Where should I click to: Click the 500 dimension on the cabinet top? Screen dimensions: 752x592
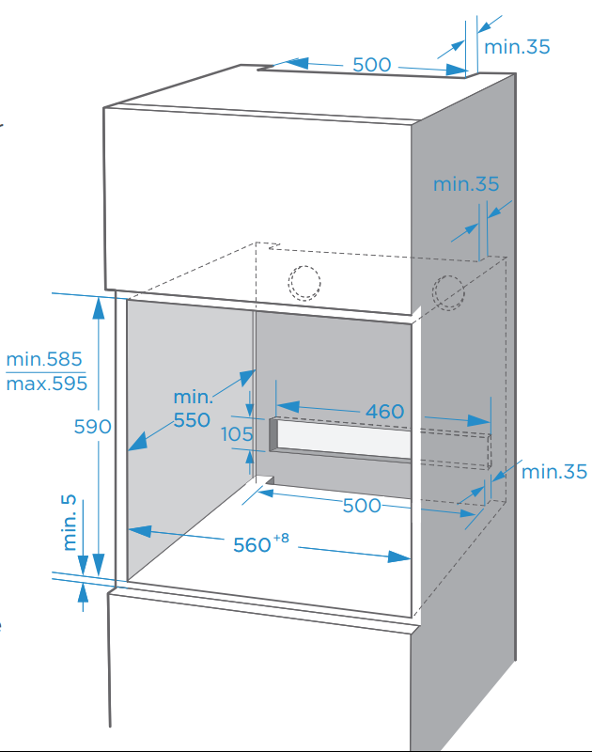point(371,65)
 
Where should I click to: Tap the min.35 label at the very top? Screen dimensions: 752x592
point(517,46)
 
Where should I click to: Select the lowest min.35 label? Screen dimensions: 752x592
point(553,471)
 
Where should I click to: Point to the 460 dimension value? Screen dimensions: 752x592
point(385,411)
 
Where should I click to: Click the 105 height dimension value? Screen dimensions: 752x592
point(237,434)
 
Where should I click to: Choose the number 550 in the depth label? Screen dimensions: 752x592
point(192,420)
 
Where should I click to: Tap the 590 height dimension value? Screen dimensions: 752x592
point(93,427)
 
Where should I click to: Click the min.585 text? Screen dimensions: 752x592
point(44,359)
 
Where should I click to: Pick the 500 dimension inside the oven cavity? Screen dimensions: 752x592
point(362,506)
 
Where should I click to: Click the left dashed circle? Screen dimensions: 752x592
point(304,282)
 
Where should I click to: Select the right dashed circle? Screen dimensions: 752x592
point(447,293)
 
